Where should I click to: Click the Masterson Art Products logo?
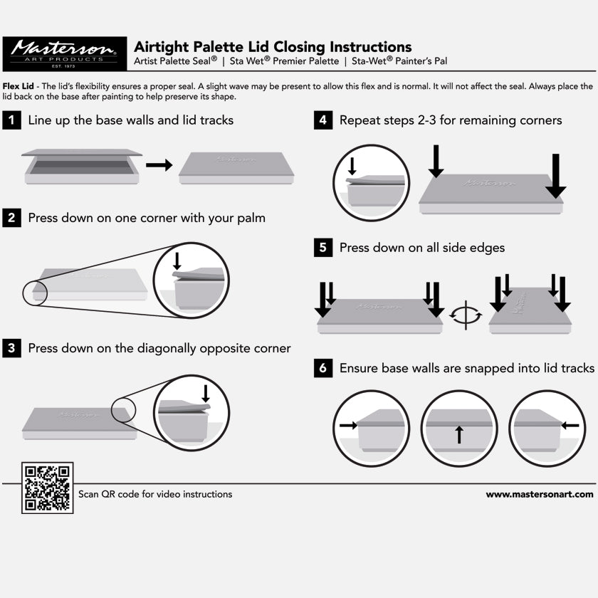pyautogui.click(x=65, y=54)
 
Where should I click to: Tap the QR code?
pyautogui.click(x=47, y=488)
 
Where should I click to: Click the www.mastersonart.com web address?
pyautogui.click(x=540, y=495)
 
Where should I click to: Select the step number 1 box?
pyautogui.click(x=12, y=120)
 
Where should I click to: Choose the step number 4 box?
pyautogui.click(x=323, y=120)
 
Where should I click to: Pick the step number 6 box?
pyautogui.click(x=323, y=368)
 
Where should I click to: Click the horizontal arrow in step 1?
pyautogui.click(x=159, y=165)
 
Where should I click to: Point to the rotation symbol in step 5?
pyautogui.click(x=466, y=315)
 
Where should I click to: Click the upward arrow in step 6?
pyautogui.click(x=460, y=435)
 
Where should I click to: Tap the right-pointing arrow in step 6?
pyautogui.click(x=349, y=425)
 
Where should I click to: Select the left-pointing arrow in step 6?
pyautogui.click(x=570, y=425)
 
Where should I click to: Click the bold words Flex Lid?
pyautogui.click(x=19, y=86)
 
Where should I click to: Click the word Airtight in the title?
pyautogui.click(x=162, y=47)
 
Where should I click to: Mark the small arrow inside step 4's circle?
pyautogui.click(x=352, y=167)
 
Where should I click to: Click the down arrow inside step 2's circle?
pyautogui.click(x=177, y=261)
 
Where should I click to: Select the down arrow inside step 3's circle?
pyautogui.click(x=206, y=394)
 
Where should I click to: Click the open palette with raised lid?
pyautogui.click(x=82, y=167)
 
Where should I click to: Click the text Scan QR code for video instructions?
pyautogui.click(x=155, y=494)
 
